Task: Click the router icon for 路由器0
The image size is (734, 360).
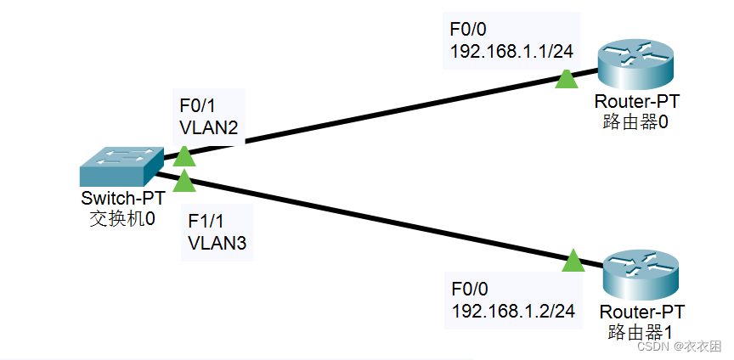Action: (x=634, y=64)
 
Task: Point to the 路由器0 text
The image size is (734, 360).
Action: (x=636, y=121)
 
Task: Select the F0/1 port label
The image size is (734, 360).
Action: (x=197, y=105)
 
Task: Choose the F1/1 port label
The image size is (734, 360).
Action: (x=205, y=222)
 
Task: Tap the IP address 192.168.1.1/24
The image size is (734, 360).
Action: (x=511, y=52)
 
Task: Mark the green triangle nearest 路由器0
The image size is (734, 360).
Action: (x=566, y=79)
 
